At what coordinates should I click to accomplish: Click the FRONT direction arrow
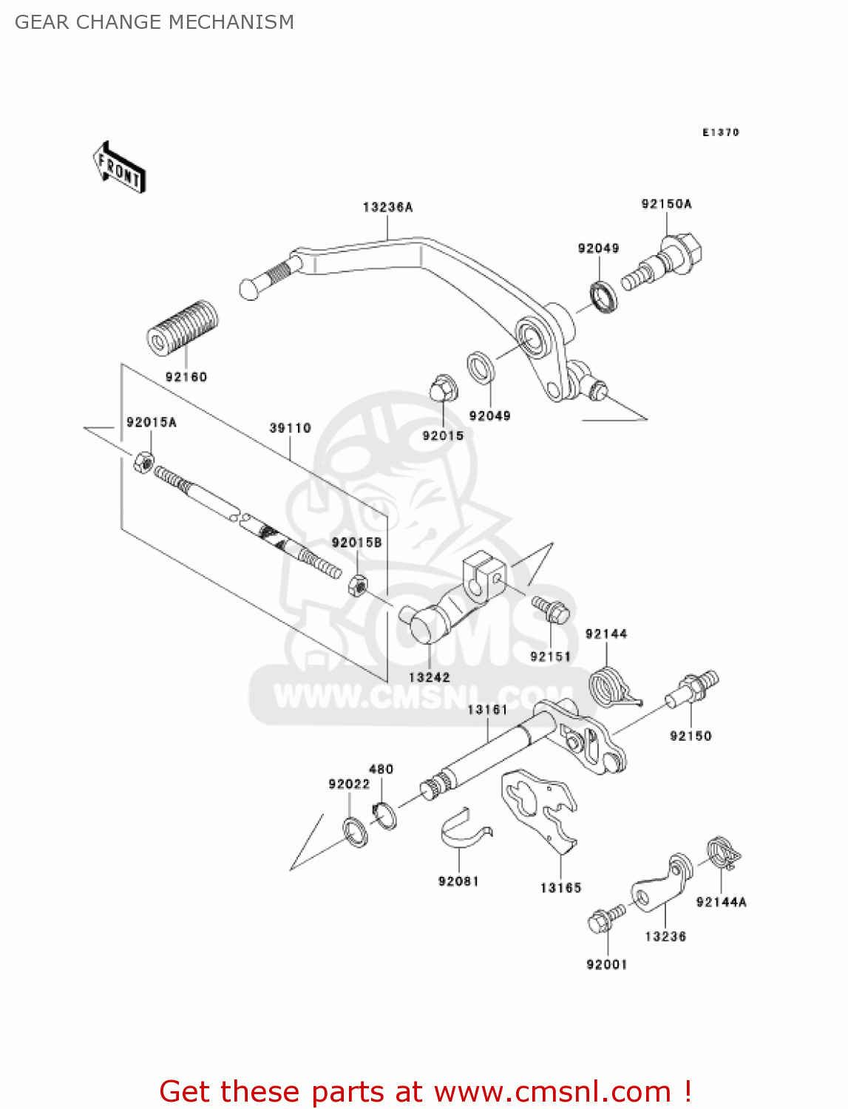click(118, 168)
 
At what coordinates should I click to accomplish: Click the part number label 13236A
click(387, 208)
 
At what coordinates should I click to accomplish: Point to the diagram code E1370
click(720, 132)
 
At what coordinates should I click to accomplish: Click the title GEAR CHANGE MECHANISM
click(155, 22)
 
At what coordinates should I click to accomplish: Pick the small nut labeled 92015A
click(143, 463)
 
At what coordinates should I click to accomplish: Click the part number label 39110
click(290, 428)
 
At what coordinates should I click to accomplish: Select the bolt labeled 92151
click(550, 609)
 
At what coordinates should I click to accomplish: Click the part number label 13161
click(487, 710)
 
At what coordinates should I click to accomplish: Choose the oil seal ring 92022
click(356, 831)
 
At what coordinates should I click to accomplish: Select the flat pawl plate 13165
click(540, 806)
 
